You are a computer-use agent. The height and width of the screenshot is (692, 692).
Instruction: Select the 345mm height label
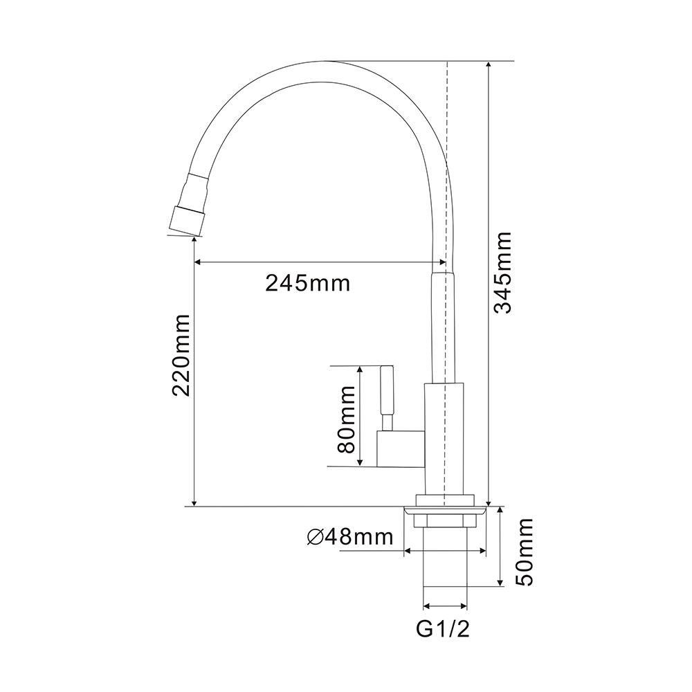503,273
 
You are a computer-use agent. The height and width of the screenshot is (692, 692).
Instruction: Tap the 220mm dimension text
182,354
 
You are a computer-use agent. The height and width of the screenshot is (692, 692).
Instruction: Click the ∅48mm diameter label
349,536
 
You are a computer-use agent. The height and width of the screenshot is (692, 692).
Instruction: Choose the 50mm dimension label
526,552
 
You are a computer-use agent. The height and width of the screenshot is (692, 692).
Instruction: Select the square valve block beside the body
399,448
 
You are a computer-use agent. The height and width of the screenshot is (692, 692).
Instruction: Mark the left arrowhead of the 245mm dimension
197,262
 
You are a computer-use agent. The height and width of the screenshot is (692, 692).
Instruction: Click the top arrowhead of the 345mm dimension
489,65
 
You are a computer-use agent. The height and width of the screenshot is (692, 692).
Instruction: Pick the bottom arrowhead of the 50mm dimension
500,583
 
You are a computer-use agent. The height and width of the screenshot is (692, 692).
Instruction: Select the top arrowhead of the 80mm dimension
360,370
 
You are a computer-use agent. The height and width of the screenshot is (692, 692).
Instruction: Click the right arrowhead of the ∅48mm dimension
484,552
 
